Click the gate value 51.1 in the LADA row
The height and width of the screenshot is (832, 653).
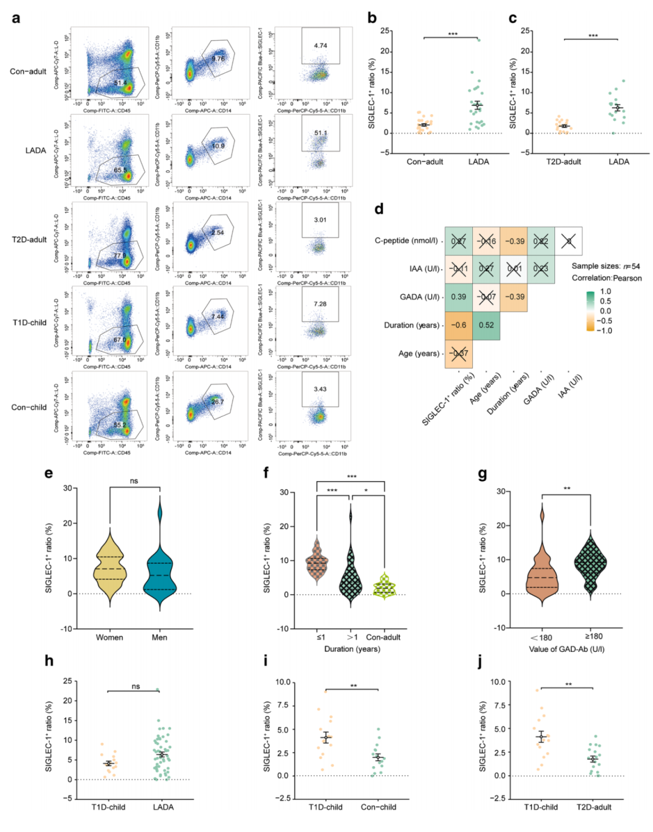click(320, 133)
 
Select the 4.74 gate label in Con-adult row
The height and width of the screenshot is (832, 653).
click(320, 46)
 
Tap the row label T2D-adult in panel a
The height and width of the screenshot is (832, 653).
click(29, 239)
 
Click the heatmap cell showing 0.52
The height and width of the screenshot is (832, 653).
click(486, 325)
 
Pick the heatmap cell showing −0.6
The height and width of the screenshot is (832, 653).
click(459, 325)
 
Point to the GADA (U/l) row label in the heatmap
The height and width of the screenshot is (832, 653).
click(420, 297)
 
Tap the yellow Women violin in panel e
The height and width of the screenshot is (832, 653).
click(109, 569)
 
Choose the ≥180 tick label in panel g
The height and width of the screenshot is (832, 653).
click(593, 636)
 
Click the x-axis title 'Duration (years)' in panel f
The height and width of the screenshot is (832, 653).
click(352, 649)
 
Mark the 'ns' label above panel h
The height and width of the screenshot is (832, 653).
click(135, 686)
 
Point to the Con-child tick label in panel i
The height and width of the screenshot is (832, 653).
click(378, 807)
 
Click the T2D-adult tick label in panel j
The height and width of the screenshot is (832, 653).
click(594, 807)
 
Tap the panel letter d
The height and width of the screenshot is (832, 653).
click(379, 209)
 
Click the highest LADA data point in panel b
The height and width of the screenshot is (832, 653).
click(478, 40)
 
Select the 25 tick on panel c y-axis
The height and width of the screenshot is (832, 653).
click(525, 31)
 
